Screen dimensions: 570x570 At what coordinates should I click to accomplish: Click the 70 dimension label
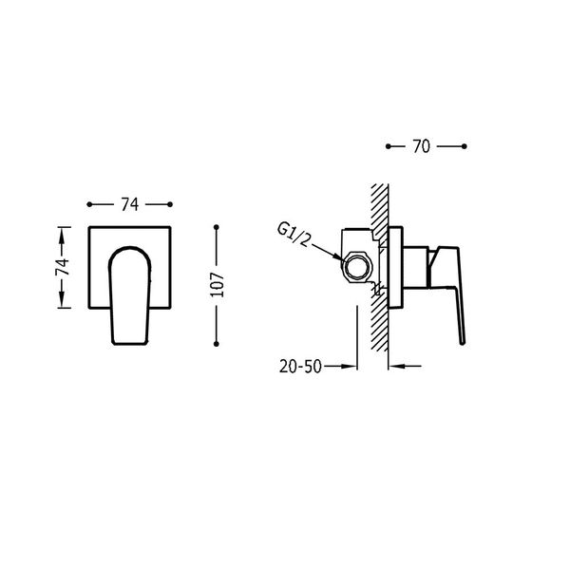[421, 146]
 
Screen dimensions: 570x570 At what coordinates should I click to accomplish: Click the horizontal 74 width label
[130, 204]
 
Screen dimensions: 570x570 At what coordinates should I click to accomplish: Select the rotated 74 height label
[62, 267]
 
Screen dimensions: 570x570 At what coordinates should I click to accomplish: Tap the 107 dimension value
[218, 285]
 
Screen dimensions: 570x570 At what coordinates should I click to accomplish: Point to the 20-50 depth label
[300, 367]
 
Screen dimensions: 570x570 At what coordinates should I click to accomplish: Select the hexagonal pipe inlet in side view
[356, 266]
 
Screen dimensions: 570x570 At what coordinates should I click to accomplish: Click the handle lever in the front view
[130, 295]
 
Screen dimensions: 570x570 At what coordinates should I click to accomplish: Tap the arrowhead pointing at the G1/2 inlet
[337, 256]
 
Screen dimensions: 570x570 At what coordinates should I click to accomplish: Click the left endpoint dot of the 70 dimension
[389, 146]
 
